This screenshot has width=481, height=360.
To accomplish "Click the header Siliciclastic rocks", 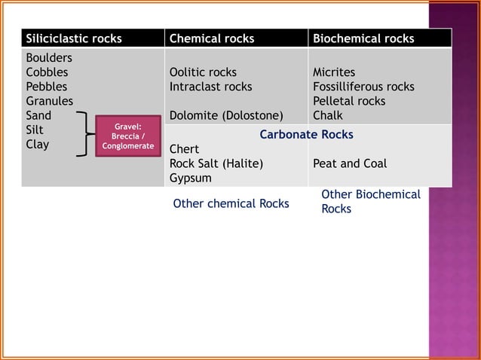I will [x=74, y=38].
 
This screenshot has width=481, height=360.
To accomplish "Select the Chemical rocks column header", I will [x=212, y=38].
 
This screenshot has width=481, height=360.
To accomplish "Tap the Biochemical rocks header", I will [x=363, y=38].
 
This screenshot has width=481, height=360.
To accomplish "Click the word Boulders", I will [x=50, y=58].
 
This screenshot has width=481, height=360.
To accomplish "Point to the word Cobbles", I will [x=47, y=72].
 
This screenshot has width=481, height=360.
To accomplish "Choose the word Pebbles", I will [x=46, y=87].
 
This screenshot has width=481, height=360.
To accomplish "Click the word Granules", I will [x=50, y=101].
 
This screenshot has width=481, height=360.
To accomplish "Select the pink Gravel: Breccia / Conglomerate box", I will [x=128, y=136].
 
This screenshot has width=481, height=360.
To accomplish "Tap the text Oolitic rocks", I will [x=203, y=72].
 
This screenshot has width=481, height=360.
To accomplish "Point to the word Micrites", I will [x=334, y=72].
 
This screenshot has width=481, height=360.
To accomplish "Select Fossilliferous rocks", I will [x=363, y=87].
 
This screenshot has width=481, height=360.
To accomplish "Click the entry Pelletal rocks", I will [x=349, y=101].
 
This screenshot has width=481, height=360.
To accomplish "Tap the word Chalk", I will [x=328, y=116].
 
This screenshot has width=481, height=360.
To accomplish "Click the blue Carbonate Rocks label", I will [x=306, y=135].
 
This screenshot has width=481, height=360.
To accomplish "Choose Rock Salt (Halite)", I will [x=216, y=163].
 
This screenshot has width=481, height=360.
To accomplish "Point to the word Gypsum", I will [x=190, y=178].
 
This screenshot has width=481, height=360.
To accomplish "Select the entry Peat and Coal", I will [x=349, y=163].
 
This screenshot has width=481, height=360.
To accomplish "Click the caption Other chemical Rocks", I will [x=231, y=203].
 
